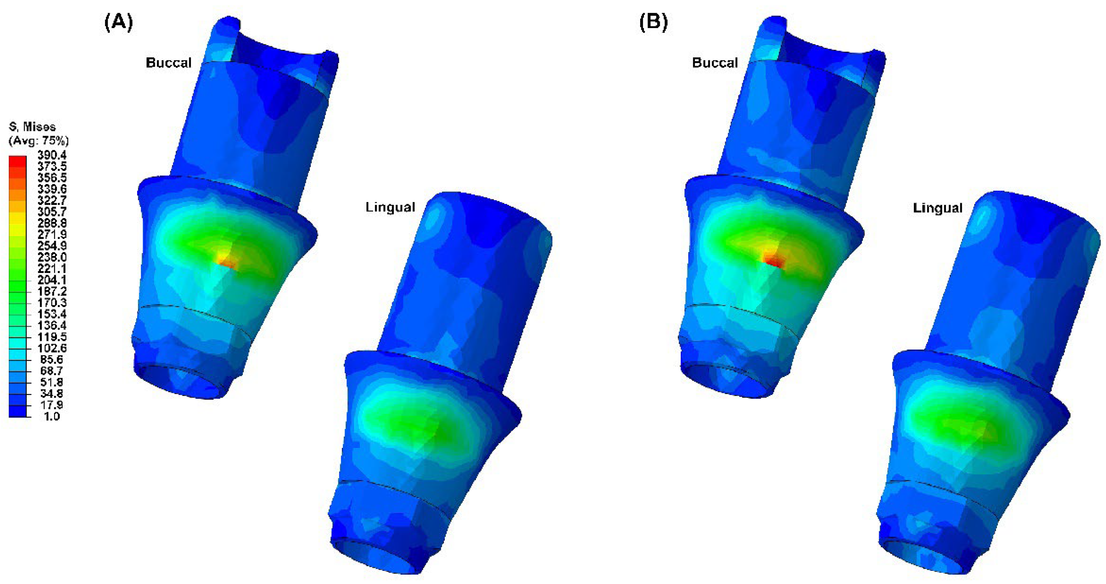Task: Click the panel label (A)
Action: (118, 22)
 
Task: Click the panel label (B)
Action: (654, 22)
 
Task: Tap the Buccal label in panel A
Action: (169, 63)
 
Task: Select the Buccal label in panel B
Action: (715, 63)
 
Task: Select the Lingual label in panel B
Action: (938, 208)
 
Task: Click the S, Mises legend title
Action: (32, 127)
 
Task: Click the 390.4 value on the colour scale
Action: (52, 155)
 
